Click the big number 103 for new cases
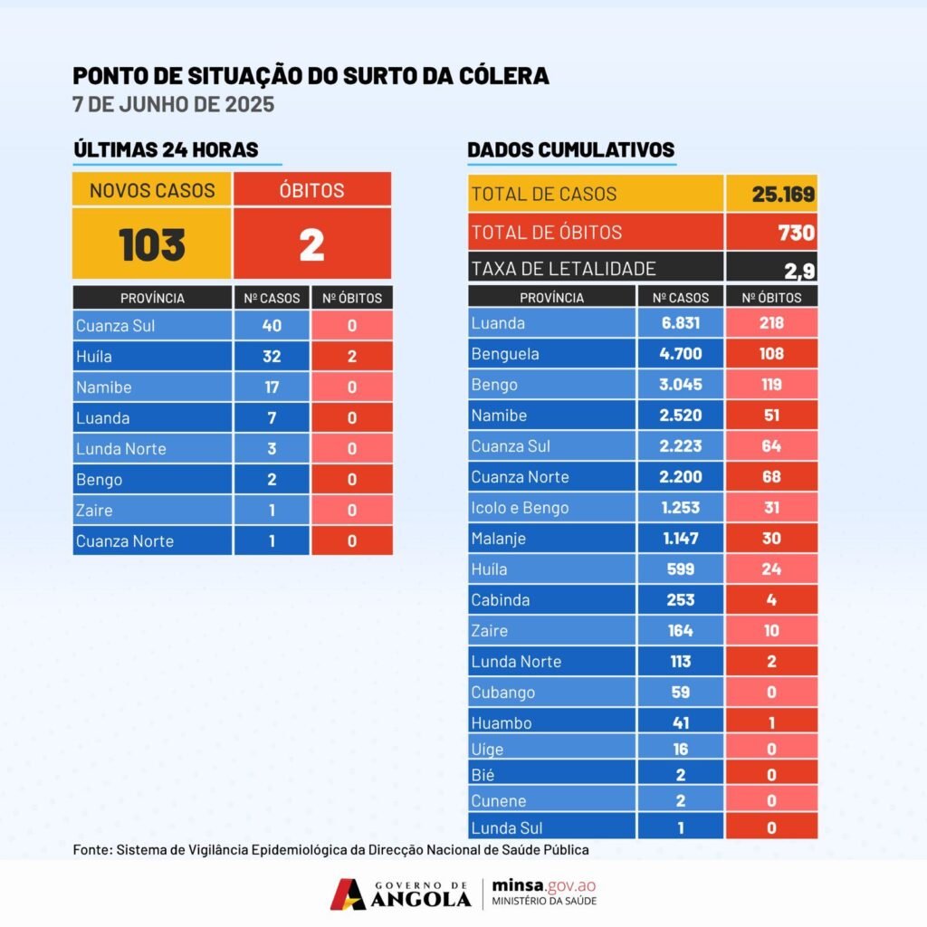pyautogui.click(x=152, y=244)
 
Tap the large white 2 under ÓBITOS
pyautogui.click(x=311, y=244)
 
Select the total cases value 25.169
pyautogui.click(x=783, y=194)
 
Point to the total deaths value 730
pyautogui.click(x=797, y=233)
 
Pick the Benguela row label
pyautogui.click(x=505, y=354)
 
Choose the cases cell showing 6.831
pyautogui.click(x=681, y=323)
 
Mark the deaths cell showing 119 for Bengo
pyautogui.click(x=771, y=385)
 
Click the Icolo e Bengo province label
pyautogui.click(x=520, y=508)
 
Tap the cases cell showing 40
pyautogui.click(x=272, y=326)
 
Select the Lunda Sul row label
pyautogui.click(x=507, y=827)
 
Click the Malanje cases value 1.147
pyautogui.click(x=681, y=539)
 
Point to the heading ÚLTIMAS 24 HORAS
pyautogui.click(x=166, y=150)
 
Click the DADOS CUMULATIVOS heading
pyautogui.click(x=570, y=150)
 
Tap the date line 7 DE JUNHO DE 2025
pyautogui.click(x=173, y=104)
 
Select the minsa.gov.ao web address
pyautogui.click(x=544, y=885)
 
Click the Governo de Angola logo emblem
pyautogui.click(x=349, y=894)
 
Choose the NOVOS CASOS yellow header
pyautogui.click(x=152, y=190)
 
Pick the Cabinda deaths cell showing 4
pyautogui.click(x=771, y=600)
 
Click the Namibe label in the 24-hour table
pyautogui.click(x=104, y=387)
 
